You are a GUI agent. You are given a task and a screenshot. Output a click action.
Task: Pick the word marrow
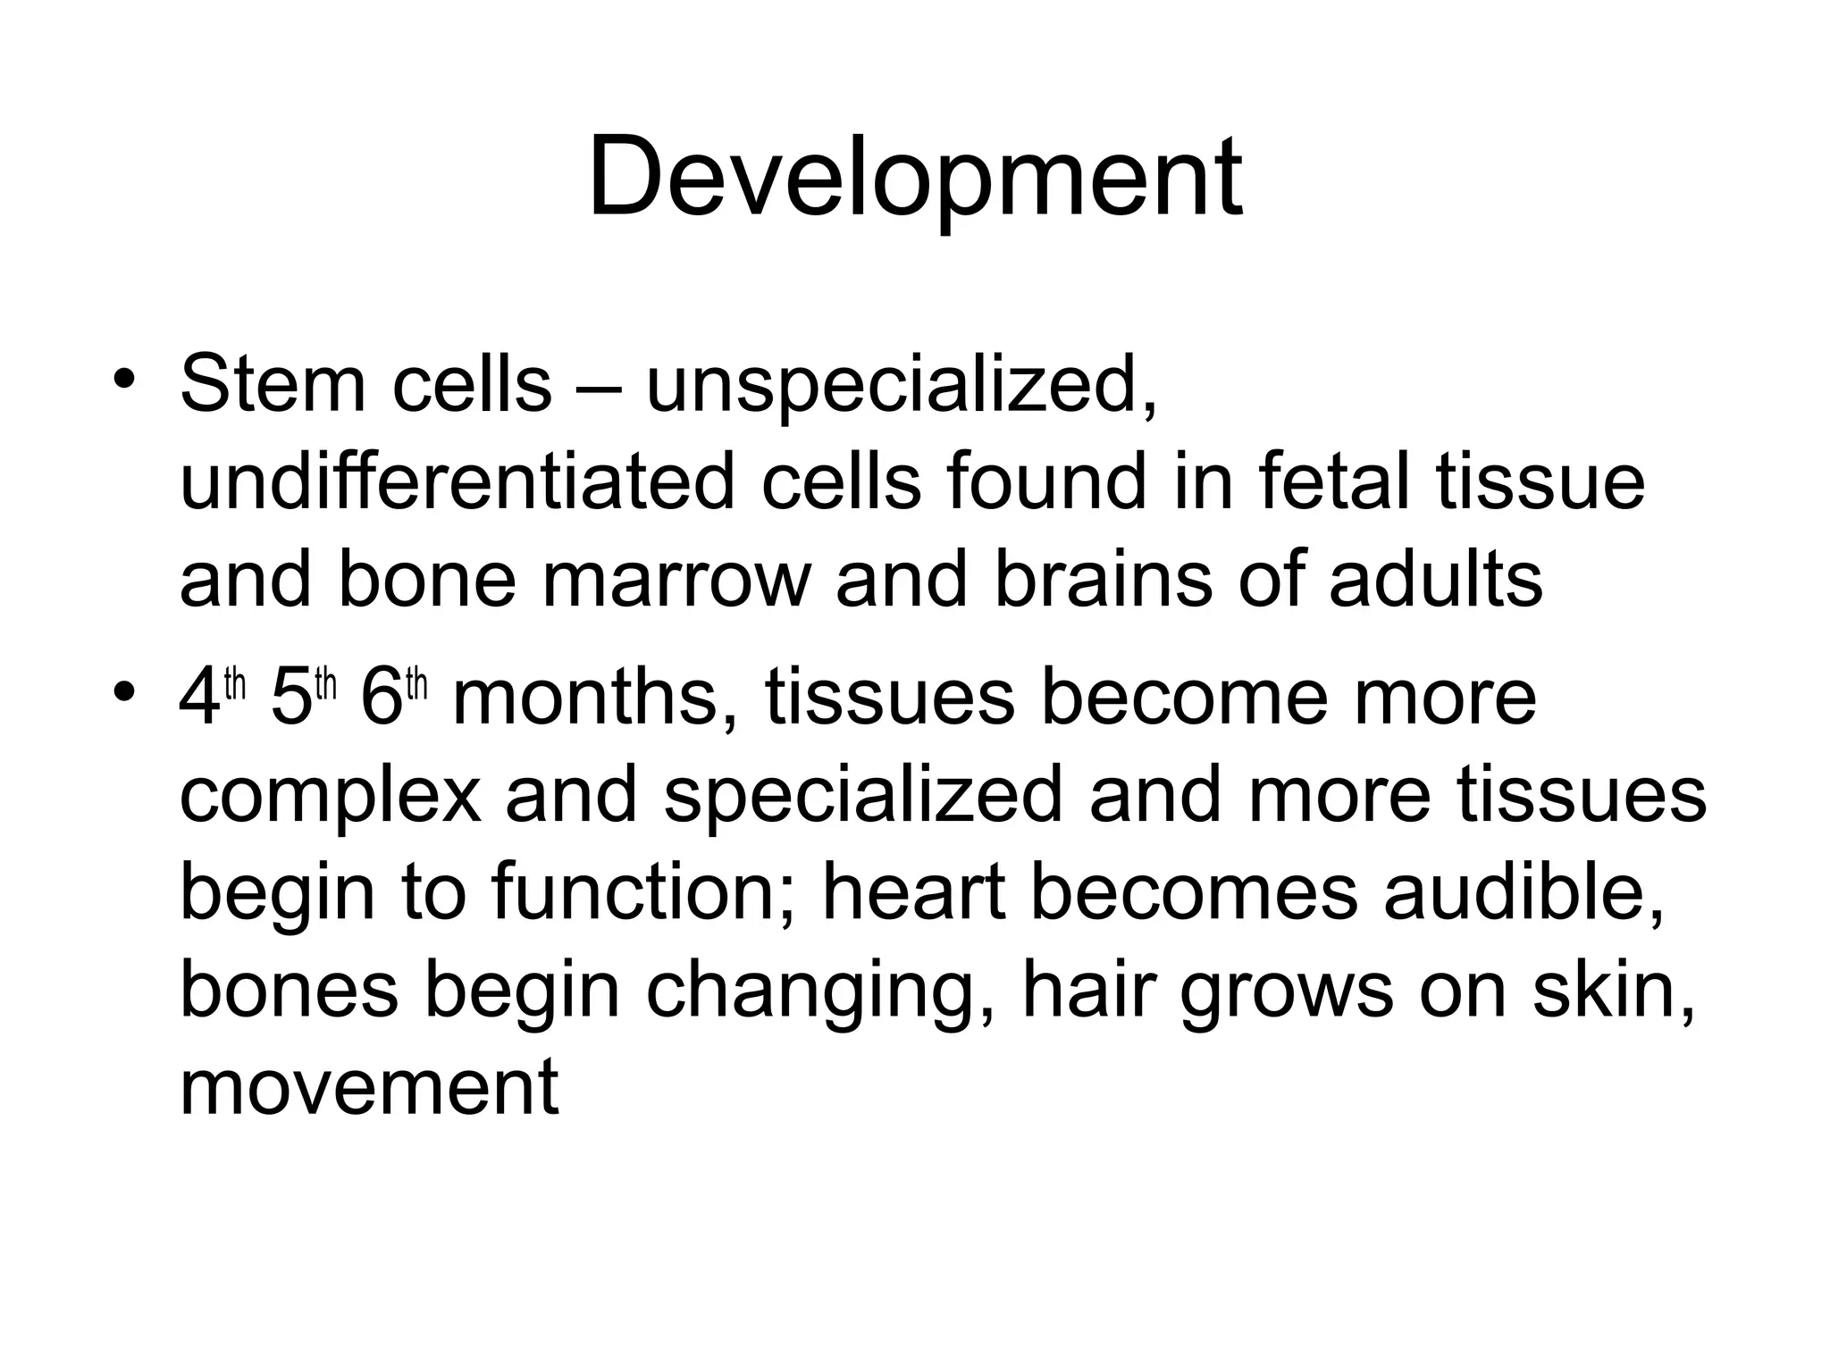pos(675,581)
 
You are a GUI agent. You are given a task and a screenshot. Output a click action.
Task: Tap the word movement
pos(369,1087)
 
